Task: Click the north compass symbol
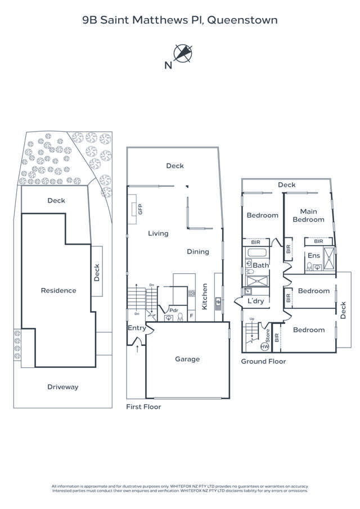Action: pyautogui.click(x=183, y=53)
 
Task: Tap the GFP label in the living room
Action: pyautogui.click(x=134, y=209)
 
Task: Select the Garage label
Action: pyautogui.click(x=187, y=359)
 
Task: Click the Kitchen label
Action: pyautogui.click(x=205, y=295)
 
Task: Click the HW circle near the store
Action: pyautogui.click(x=264, y=346)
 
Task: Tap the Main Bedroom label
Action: pyautogui.click(x=308, y=215)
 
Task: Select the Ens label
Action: pyautogui.click(x=313, y=255)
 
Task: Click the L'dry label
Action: pyautogui.click(x=256, y=301)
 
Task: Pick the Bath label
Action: pyautogui.click(x=260, y=265)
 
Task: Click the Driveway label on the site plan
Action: pyautogui.click(x=62, y=387)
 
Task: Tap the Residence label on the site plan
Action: pyautogui.click(x=58, y=291)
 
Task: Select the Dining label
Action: pyautogui.click(x=198, y=251)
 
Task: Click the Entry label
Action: pyautogui.click(x=137, y=328)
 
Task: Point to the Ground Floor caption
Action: pyautogui.click(x=263, y=361)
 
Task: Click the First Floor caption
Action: pyautogui.click(x=143, y=407)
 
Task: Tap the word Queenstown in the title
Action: pyautogui.click(x=242, y=20)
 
